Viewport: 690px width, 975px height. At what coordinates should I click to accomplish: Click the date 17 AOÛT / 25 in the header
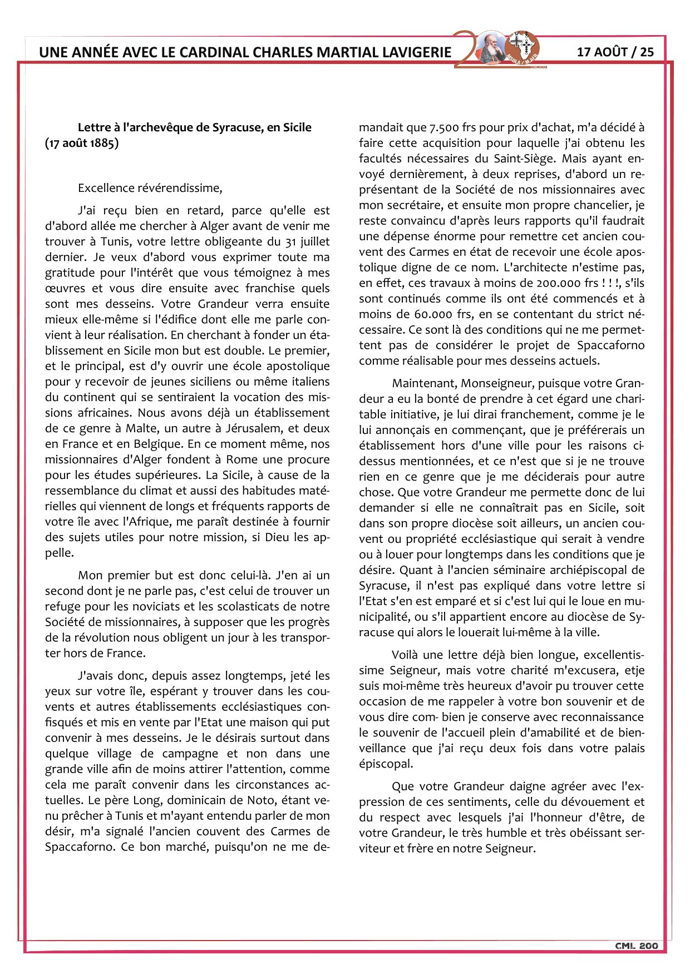615,52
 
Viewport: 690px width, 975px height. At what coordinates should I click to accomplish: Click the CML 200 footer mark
636,946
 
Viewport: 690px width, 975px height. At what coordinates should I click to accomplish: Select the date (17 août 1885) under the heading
82,143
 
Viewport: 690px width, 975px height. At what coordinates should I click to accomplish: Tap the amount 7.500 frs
451,127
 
